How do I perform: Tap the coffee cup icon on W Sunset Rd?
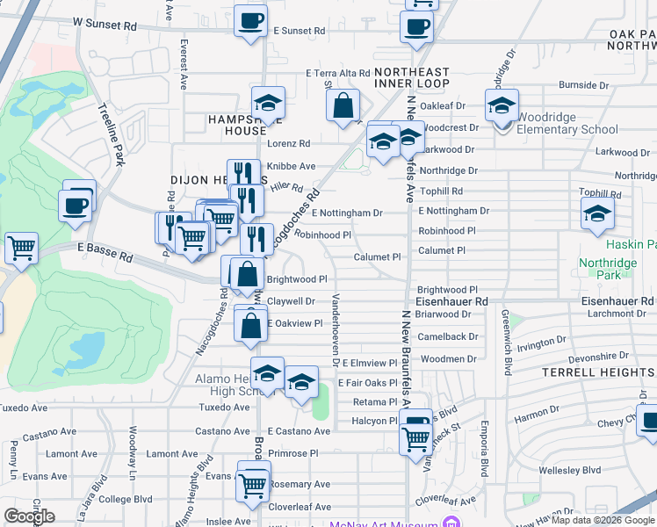tap(250, 20)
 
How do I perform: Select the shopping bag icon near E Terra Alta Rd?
tap(343, 105)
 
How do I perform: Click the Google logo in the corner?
tap(29, 516)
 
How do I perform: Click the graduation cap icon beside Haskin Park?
tap(597, 213)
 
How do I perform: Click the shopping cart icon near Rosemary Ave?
tap(254, 482)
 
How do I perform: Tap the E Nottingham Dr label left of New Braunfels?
tap(347, 213)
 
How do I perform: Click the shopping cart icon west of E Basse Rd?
tap(21, 248)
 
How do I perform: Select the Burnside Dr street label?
tap(583, 86)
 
